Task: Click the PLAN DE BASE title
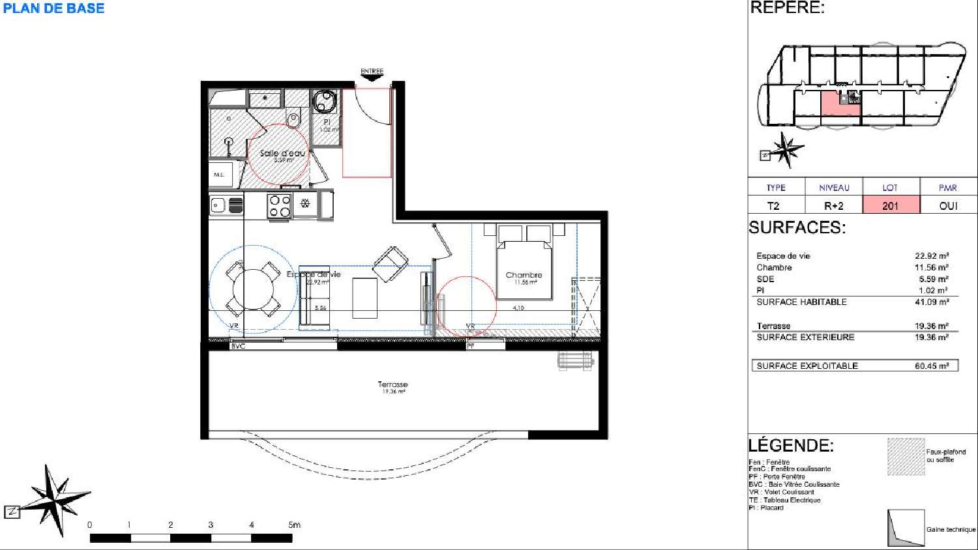53,8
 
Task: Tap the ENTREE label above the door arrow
372,71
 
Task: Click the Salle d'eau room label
282,153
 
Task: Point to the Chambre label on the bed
524,275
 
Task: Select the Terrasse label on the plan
393,384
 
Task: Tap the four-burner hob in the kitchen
280,206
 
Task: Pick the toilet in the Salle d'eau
293,120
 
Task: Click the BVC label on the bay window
238,346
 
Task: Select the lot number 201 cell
891,206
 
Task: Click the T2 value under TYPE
773,206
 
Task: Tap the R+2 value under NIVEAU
833,206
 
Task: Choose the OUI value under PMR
948,206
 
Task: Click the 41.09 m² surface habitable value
932,302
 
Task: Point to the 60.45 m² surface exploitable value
932,366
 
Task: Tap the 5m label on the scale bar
294,525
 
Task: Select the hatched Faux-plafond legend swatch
906,456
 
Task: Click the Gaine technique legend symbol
906,528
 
